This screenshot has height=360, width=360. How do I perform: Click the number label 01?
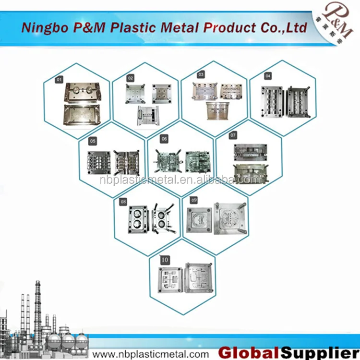coord(60,80)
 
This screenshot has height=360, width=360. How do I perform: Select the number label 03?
coord(201,74)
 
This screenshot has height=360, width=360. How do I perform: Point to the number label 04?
coord(268,76)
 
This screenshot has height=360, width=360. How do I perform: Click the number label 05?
coord(93,141)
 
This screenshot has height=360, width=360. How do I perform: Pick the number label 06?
coord(164,139)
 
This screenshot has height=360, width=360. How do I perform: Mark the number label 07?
coord(233,135)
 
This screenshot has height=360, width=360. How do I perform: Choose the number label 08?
coord(123,202)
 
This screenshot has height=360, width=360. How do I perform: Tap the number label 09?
coord(194,200)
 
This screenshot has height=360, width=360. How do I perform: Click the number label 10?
coord(165,260)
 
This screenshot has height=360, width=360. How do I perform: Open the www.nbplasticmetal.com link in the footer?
coord(150,354)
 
